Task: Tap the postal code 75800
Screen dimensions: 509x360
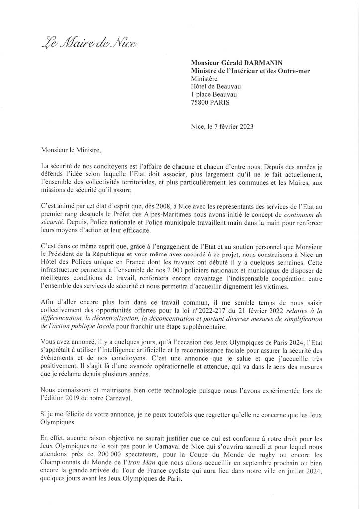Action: click(201, 102)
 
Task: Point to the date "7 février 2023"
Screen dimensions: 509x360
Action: click(231, 126)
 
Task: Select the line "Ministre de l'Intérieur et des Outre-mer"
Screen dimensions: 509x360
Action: click(251, 71)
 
